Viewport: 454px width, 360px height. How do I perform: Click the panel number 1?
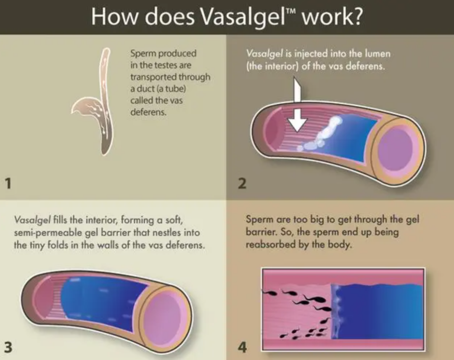pos(8,183)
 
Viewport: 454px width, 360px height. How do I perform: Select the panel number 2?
pos(242,183)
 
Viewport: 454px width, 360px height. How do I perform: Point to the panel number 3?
pos(8,347)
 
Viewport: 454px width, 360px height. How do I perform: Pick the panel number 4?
pos(242,347)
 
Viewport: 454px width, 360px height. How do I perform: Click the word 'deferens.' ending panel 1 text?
pos(148,112)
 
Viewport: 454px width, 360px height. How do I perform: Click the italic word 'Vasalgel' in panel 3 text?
pos(32,221)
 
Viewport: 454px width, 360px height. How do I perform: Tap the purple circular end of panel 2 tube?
pos(396,147)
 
